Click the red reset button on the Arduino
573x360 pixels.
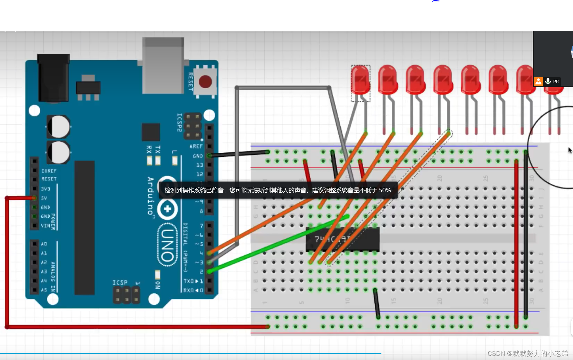click(x=205, y=82)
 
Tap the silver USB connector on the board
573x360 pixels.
click(x=163, y=66)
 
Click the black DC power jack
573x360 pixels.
click(x=53, y=78)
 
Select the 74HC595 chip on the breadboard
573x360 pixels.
click(x=342, y=239)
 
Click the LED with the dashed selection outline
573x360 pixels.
click(x=360, y=81)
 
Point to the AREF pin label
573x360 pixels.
click(x=196, y=146)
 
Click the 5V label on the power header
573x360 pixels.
click(x=44, y=198)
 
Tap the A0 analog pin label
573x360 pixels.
click(x=44, y=244)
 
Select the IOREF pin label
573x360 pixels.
click(x=49, y=171)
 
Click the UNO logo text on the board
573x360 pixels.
click(x=167, y=245)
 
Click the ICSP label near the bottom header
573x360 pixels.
click(x=120, y=283)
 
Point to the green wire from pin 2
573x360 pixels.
click(x=278, y=243)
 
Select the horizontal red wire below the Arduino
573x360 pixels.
click(x=139, y=327)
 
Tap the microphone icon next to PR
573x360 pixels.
click(x=548, y=81)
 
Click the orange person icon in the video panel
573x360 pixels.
click(x=538, y=82)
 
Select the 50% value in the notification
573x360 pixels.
click(x=385, y=190)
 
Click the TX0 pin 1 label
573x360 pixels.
click(x=193, y=281)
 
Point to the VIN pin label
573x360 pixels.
click(x=45, y=226)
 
